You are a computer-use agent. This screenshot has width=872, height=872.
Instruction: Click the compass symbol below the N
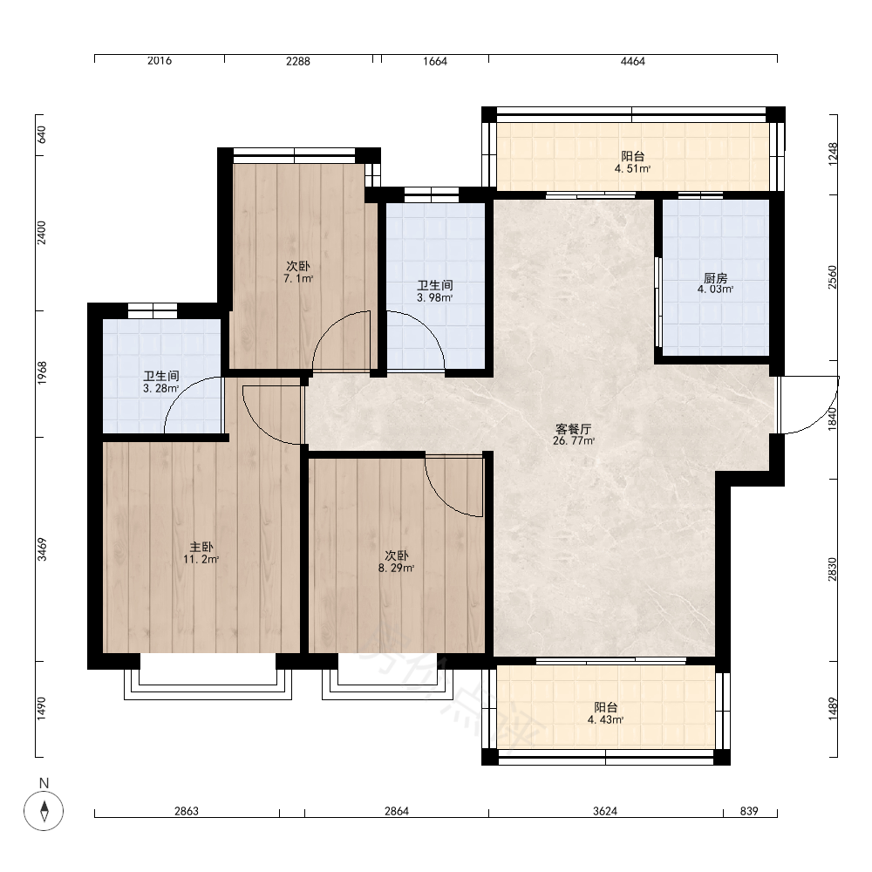(x=44, y=810)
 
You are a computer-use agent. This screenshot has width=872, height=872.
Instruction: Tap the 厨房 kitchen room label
(x=715, y=277)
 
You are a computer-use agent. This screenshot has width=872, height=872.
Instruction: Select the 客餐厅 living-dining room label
(x=574, y=429)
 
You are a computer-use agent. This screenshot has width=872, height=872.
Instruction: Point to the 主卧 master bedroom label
(x=201, y=548)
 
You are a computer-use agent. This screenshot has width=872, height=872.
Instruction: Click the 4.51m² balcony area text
(x=632, y=168)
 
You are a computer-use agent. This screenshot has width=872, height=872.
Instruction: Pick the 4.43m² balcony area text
(x=606, y=719)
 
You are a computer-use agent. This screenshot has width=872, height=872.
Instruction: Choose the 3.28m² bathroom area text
(x=160, y=388)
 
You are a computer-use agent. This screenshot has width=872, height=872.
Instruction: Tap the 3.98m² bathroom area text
(x=435, y=297)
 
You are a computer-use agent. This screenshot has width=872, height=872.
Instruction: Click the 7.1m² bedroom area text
(x=298, y=278)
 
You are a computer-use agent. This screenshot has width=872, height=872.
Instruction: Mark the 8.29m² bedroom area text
(x=397, y=568)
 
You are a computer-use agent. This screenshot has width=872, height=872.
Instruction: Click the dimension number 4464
(x=633, y=61)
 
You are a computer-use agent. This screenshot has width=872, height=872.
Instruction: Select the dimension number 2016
(x=160, y=61)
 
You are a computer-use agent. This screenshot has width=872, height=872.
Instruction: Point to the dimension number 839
(x=749, y=811)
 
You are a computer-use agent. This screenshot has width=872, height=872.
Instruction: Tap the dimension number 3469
(x=42, y=548)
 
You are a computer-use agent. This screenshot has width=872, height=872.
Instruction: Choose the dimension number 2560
(x=832, y=277)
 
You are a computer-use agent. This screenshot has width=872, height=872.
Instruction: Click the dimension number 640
(x=42, y=134)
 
